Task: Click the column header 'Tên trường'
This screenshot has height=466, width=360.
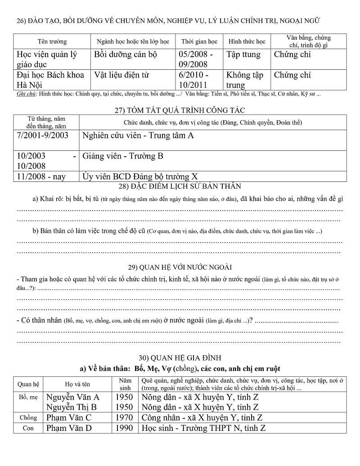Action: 52,41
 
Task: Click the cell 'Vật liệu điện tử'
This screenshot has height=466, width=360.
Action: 121,75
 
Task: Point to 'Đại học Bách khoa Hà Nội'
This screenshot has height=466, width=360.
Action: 50,80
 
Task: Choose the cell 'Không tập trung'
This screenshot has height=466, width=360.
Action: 245,80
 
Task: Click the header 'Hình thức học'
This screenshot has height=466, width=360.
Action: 247,41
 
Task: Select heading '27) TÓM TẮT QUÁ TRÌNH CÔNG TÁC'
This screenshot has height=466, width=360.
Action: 180,110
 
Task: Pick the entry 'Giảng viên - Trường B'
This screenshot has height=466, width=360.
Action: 123,156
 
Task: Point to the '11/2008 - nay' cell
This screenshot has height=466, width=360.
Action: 41,176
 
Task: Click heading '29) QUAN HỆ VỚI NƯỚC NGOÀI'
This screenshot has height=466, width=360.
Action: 180,267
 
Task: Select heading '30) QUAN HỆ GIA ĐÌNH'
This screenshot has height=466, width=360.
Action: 180,358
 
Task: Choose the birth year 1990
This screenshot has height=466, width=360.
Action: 124,428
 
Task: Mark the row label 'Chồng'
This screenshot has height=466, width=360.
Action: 28,418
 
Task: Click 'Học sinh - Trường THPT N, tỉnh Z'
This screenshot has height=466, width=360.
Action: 203,428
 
